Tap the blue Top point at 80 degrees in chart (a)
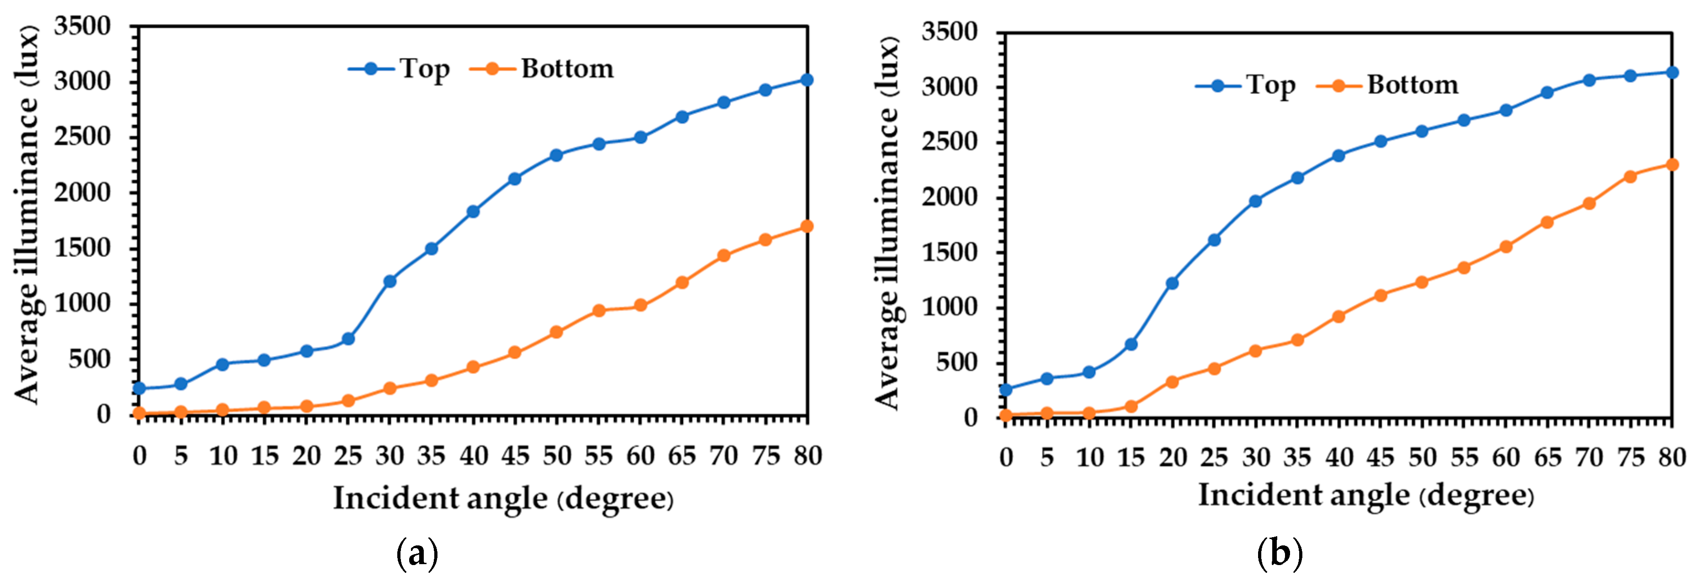point(806,80)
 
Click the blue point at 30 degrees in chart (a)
point(389,281)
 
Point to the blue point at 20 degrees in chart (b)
point(1172,283)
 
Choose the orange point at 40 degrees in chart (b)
point(1338,316)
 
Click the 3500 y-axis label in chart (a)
point(82,27)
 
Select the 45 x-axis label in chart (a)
point(515,456)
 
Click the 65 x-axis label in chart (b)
point(1547,457)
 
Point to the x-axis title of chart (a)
point(503,498)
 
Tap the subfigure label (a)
point(417,554)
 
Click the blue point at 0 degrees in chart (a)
point(139,388)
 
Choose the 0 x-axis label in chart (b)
point(1006,457)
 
